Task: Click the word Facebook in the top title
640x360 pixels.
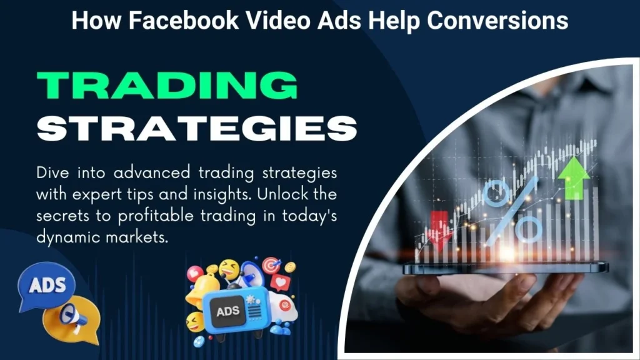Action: pos(184,20)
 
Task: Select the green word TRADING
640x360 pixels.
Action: pos(167,85)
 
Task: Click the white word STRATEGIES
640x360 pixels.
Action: pos(197,128)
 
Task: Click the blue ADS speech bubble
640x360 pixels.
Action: pos(46,286)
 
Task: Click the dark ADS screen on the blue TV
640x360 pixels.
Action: pos(227,312)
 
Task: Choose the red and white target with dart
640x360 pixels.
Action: pos(271,265)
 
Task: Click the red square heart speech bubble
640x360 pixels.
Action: pos(281,282)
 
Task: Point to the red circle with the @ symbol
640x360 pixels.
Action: pos(284,304)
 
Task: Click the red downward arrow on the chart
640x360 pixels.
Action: pos(439,230)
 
